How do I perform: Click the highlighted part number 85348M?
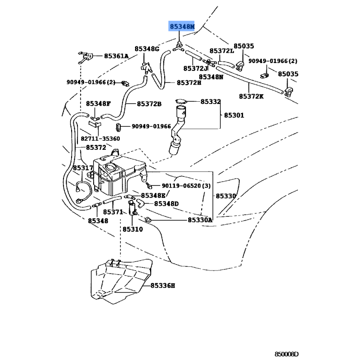click(182, 27)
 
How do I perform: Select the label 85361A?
click(116, 56)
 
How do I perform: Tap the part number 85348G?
click(147, 49)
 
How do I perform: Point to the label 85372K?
click(251, 96)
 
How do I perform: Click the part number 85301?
click(234, 115)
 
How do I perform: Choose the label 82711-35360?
click(100, 139)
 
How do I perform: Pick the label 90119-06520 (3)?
click(186, 185)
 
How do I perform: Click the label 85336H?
click(163, 286)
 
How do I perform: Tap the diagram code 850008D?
click(287, 354)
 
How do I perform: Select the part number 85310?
click(133, 229)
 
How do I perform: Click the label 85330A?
click(200, 220)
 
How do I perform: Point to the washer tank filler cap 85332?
click(181, 102)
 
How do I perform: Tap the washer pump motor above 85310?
click(132, 208)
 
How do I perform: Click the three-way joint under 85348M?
click(178, 47)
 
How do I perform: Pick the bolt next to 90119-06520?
click(149, 184)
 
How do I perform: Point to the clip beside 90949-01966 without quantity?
click(118, 128)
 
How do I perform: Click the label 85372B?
click(149, 104)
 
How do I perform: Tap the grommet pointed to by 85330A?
click(148, 220)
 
